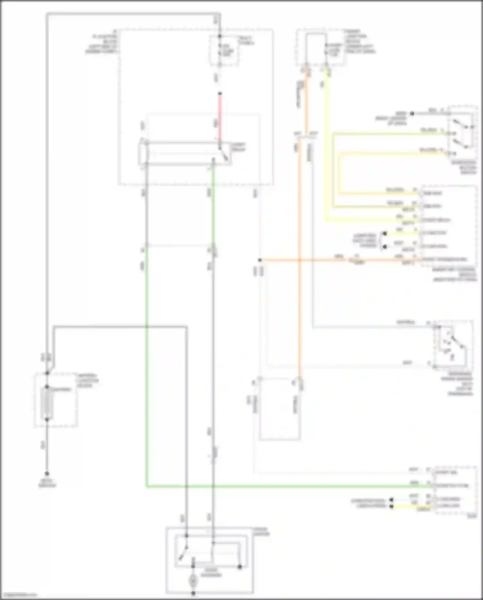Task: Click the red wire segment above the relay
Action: pos(220,119)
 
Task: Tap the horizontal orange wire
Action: pos(338,260)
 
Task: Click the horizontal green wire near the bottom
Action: pos(290,487)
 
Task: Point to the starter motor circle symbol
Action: pos(193,581)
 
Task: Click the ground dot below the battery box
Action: pos(47,474)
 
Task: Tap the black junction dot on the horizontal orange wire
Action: pos(260,260)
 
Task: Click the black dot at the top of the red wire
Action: pos(220,94)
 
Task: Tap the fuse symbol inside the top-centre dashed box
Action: pos(220,51)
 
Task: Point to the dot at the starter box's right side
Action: pos(240,567)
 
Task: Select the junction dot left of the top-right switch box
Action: pos(412,113)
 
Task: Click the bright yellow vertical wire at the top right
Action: pos(327,145)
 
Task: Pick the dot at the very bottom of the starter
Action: pos(193,593)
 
